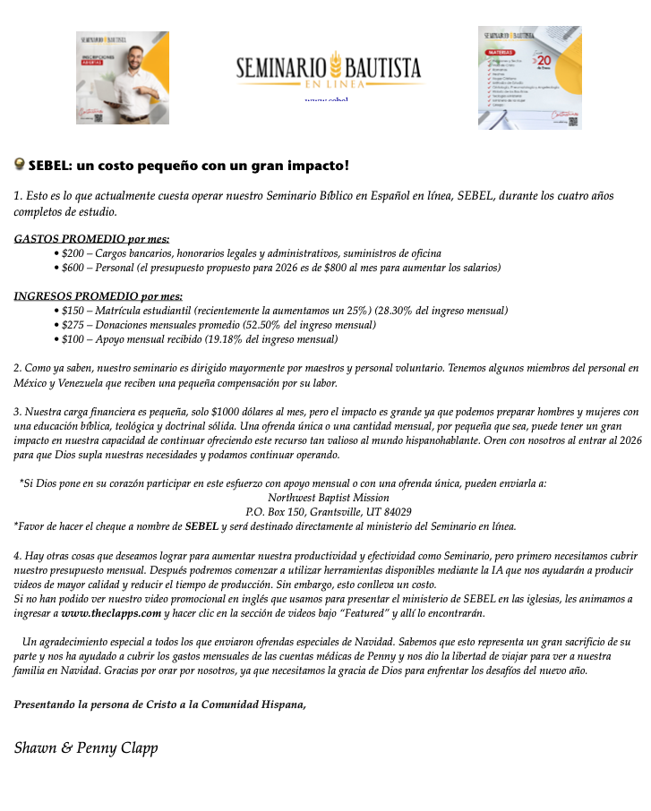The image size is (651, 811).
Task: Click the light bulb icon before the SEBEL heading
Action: point(19,165)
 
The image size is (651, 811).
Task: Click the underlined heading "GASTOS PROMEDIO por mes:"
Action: point(91,239)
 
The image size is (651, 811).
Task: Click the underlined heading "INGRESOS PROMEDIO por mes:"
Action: point(99,296)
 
